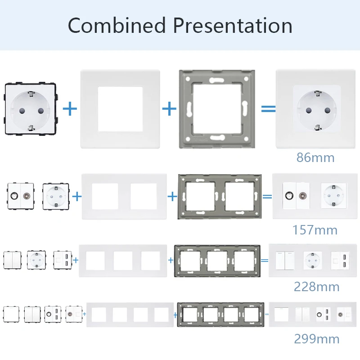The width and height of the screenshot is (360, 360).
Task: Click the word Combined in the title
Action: (117, 25)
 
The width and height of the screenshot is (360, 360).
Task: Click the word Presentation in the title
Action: (233, 25)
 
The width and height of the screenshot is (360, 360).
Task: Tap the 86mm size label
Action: (315, 157)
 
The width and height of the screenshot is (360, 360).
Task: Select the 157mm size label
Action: (315, 230)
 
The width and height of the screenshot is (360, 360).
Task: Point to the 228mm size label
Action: (317, 287)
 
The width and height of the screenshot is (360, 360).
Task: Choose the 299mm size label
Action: (317, 339)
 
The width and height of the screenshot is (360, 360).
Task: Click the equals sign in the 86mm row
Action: (268, 109)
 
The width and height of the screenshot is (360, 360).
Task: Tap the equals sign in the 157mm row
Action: (267, 197)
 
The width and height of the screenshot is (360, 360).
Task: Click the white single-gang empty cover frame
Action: (120, 78)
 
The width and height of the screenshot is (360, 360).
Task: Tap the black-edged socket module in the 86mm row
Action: (31, 108)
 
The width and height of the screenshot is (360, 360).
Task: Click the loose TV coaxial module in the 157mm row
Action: (21, 196)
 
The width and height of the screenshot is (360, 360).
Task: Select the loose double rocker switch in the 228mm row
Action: (12, 260)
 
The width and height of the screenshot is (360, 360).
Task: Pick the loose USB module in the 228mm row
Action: (63, 260)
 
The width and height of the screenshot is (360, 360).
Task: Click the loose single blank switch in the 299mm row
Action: (11, 314)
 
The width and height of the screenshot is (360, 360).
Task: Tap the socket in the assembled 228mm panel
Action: (312, 261)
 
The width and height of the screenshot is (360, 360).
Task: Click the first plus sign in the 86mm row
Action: (70, 109)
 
